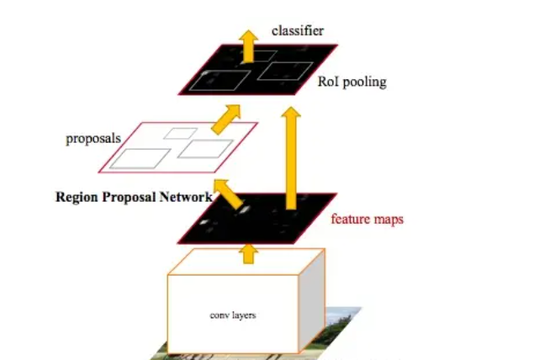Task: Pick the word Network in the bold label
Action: [185, 198]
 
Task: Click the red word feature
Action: [350, 220]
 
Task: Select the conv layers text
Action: [231, 315]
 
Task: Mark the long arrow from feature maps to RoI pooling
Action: [292, 160]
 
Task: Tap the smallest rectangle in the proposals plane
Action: [181, 133]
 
